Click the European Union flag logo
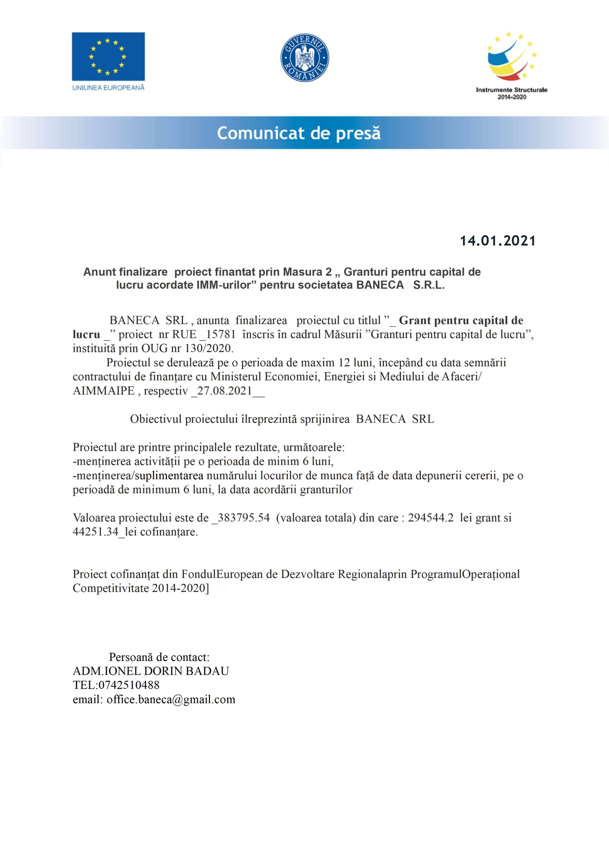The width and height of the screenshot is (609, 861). pos(108,56)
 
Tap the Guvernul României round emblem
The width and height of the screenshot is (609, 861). pos(305,58)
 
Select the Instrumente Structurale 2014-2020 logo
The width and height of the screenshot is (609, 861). pos(511,66)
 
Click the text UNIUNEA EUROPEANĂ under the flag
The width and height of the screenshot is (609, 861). pos(108,88)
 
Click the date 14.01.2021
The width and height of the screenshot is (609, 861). pos(498,241)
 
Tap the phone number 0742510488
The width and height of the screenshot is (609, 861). pos(128,685)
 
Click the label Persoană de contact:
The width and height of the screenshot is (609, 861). pos(159,657)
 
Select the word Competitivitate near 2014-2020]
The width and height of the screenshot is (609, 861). pos(111,588)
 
